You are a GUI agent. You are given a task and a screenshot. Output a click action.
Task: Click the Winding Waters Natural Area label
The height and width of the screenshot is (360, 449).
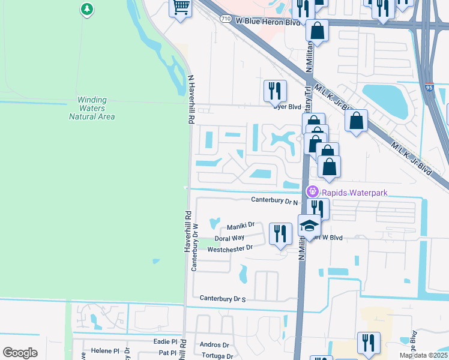(92, 108)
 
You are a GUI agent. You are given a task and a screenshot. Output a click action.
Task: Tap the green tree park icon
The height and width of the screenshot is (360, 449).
(88, 9)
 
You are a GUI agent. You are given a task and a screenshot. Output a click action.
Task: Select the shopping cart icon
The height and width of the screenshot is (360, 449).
(181, 8)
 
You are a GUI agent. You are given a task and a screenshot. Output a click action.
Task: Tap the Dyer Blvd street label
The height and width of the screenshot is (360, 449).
(286, 107)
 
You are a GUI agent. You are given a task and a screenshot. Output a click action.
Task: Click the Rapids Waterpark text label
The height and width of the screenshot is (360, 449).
(355, 193)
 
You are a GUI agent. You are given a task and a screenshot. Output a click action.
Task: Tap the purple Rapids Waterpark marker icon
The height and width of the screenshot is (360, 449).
(312, 192)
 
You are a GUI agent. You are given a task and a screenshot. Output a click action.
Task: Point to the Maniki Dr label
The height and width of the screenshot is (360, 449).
(241, 226)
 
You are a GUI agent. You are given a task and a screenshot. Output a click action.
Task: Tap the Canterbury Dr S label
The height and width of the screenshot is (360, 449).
(223, 298)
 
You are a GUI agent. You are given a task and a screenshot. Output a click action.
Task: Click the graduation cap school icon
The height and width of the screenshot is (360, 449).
(309, 226)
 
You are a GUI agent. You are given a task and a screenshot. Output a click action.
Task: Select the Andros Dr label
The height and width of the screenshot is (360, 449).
(214, 345)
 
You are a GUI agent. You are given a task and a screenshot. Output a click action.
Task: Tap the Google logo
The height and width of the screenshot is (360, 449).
(20, 353)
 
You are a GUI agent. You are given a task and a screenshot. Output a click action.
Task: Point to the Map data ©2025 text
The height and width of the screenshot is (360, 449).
(423, 355)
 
